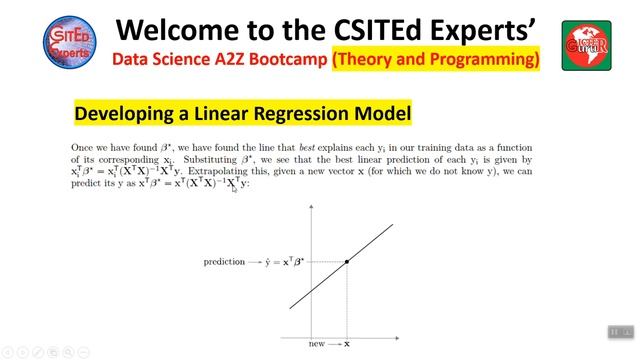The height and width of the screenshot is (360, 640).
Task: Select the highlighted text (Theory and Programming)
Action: tap(436, 60)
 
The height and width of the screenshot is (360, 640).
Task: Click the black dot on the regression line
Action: tap(347, 262)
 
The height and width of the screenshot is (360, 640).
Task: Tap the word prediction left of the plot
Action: tap(224, 262)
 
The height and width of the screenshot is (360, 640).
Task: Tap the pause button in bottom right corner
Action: tap(615, 332)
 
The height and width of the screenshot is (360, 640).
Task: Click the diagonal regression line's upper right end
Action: tap(391, 226)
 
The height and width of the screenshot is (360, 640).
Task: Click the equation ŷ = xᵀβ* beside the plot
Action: tap(284, 262)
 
